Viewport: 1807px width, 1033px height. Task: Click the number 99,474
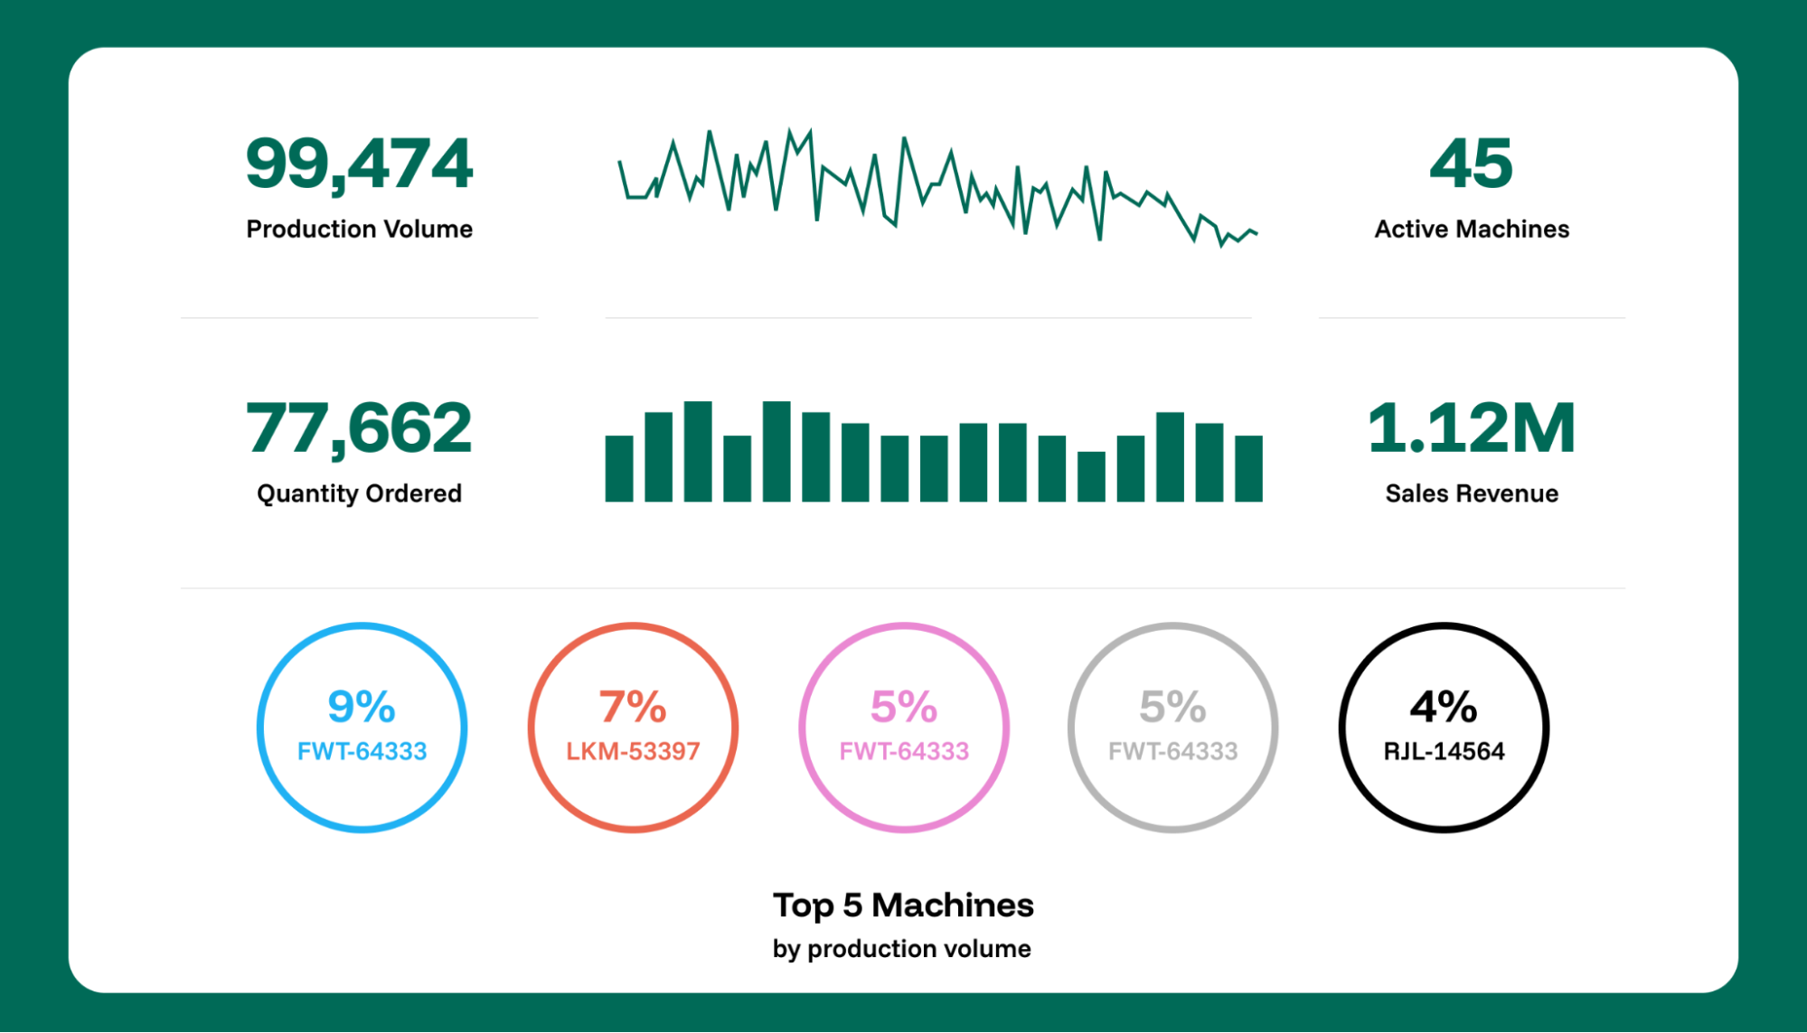pyautogui.click(x=359, y=164)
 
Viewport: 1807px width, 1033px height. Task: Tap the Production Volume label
pyautogui.click(x=359, y=229)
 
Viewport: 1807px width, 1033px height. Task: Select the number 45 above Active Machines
pyautogui.click(x=1471, y=164)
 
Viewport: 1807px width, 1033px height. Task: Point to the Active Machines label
pyautogui.click(x=1471, y=229)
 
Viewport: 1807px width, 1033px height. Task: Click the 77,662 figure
pyautogui.click(x=359, y=427)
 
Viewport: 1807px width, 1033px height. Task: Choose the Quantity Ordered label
pyautogui.click(x=359, y=493)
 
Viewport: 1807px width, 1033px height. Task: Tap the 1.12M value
pyautogui.click(x=1471, y=427)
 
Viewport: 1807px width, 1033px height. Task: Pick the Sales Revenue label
pyautogui.click(x=1471, y=493)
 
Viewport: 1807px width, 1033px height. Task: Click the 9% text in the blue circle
pyautogui.click(x=362, y=707)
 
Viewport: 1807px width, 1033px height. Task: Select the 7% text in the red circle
pyautogui.click(x=633, y=707)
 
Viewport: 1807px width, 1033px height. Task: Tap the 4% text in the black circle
pyautogui.click(x=1444, y=707)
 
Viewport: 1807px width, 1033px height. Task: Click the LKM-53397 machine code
pyautogui.click(x=633, y=751)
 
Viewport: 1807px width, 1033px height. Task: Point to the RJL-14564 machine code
pyautogui.click(x=1444, y=751)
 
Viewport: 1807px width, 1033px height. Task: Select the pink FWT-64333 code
pyautogui.click(x=904, y=751)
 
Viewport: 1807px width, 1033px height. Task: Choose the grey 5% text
pyautogui.click(x=1172, y=707)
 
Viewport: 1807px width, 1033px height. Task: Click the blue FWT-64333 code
pyautogui.click(x=362, y=751)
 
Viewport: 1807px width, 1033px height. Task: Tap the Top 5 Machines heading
pyautogui.click(x=903, y=905)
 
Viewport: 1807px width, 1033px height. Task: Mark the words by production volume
pyautogui.click(x=901, y=949)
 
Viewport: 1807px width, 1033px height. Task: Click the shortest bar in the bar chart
pyautogui.click(x=1091, y=476)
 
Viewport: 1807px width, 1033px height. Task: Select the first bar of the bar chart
pyautogui.click(x=618, y=468)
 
